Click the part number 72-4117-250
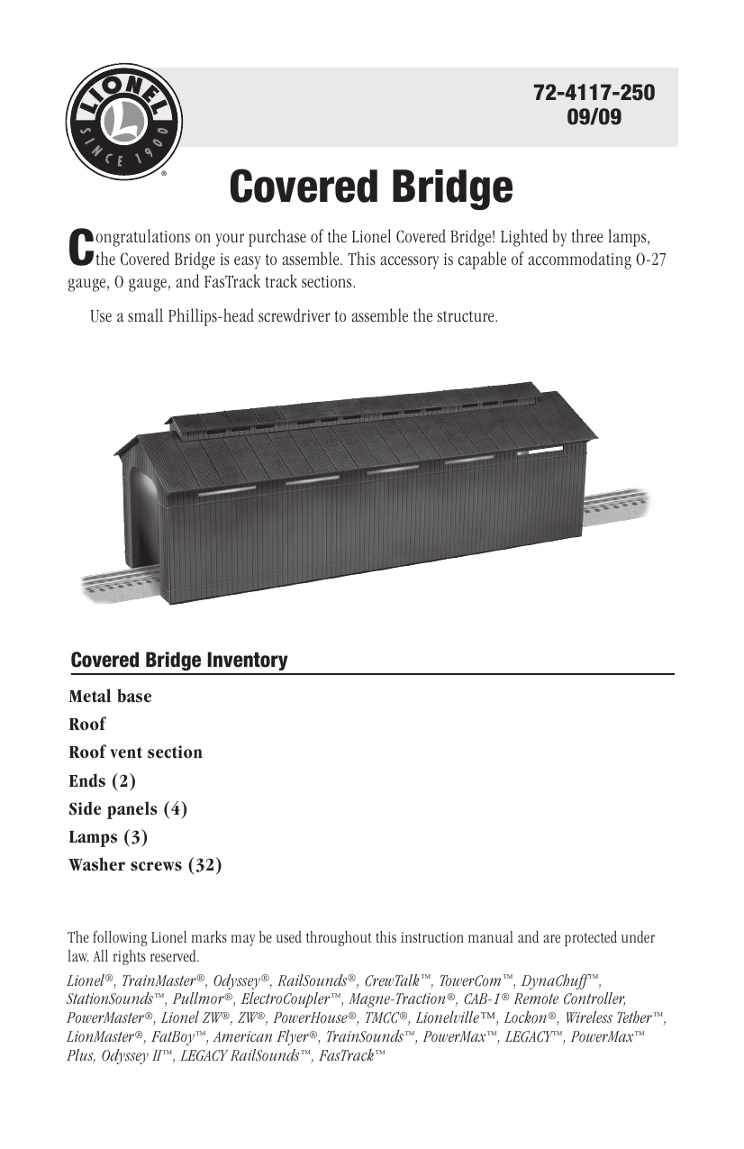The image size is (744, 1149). [x=594, y=93]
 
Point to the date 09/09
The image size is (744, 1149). [x=594, y=117]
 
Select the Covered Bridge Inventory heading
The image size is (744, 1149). [x=179, y=661]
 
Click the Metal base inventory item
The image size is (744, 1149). [x=110, y=697]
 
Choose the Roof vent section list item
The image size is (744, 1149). [x=135, y=752]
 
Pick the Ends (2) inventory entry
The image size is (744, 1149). [x=102, y=780]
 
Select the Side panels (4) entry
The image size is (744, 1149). [x=128, y=808]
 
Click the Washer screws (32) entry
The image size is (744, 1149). [x=145, y=865]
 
